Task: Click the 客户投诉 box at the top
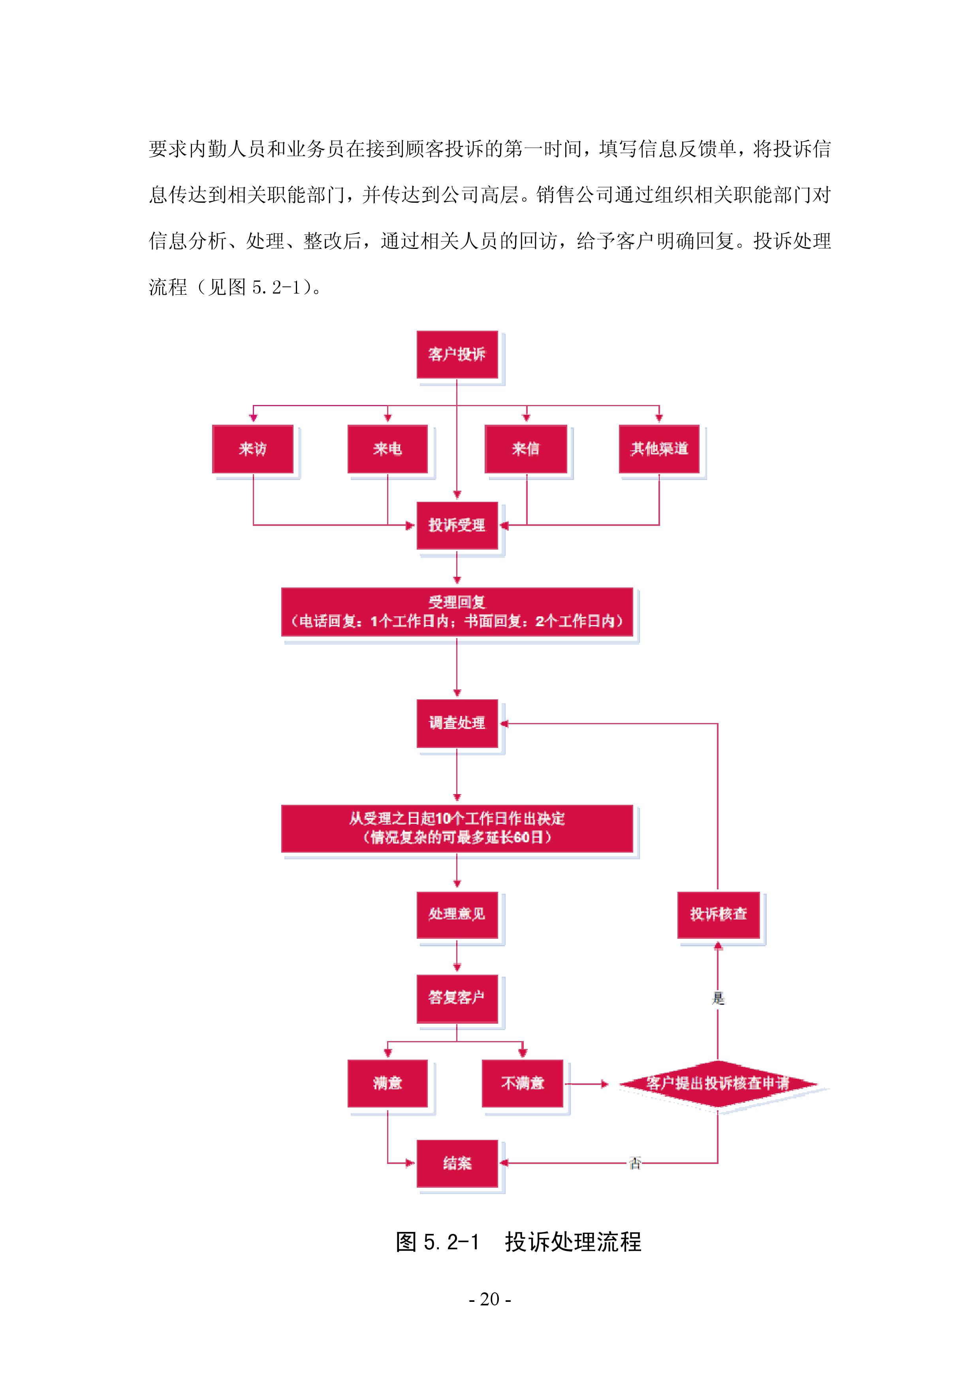coord(457,354)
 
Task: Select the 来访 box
coord(253,449)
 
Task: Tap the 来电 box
coord(387,449)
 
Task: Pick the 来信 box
coord(526,449)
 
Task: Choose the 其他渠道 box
coord(659,449)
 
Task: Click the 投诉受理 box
coord(457,525)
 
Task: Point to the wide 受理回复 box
coord(457,612)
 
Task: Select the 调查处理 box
coord(457,723)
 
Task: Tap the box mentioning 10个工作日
coord(457,828)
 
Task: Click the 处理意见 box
coord(457,915)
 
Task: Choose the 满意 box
coord(387,1084)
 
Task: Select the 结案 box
coord(457,1163)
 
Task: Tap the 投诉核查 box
coord(718,915)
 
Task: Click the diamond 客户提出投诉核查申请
coord(718,1084)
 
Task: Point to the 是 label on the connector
coord(718,998)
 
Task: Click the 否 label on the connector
coord(635,1163)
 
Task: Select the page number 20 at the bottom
coord(489,1299)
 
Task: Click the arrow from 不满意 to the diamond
coord(587,1084)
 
